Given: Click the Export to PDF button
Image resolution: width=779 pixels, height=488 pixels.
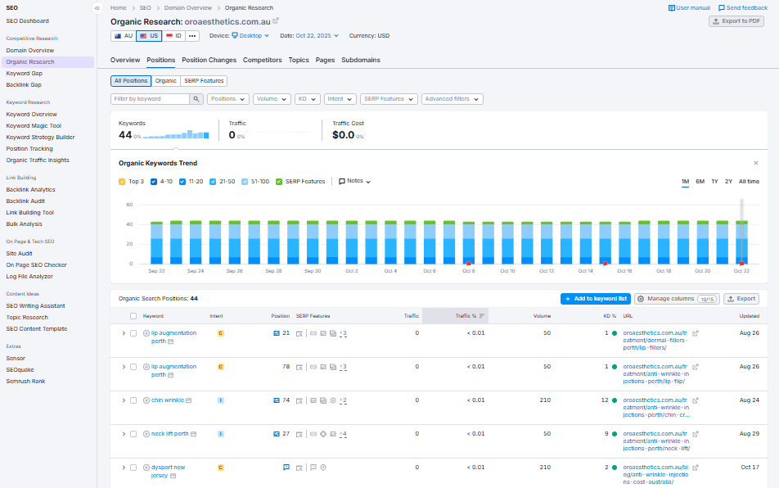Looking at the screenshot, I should click(736, 21).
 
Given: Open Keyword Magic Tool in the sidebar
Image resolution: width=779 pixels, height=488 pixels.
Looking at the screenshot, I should click(34, 126).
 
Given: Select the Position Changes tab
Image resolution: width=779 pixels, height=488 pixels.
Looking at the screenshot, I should click(209, 60).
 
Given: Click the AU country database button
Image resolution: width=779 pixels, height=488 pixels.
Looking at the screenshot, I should click(123, 36).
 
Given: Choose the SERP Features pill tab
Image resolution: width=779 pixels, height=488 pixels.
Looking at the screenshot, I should click(204, 81).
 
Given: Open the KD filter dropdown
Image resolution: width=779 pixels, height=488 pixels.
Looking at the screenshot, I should click(308, 99).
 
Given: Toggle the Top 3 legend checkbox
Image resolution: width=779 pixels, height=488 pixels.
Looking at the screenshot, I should click(123, 182).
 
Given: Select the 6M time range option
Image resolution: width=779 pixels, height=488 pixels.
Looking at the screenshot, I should click(700, 182).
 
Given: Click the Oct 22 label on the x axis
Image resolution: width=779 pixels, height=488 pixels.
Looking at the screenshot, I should click(741, 271).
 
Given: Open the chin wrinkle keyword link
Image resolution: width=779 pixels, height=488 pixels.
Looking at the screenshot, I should click(167, 400).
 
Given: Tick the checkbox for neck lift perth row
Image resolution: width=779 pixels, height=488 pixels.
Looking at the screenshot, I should click(133, 434).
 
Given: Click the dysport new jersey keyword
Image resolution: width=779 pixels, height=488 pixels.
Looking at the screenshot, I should click(168, 468).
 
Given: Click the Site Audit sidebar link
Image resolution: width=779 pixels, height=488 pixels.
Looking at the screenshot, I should click(19, 254).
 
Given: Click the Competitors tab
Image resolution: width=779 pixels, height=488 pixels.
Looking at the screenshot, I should click(262, 60).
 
